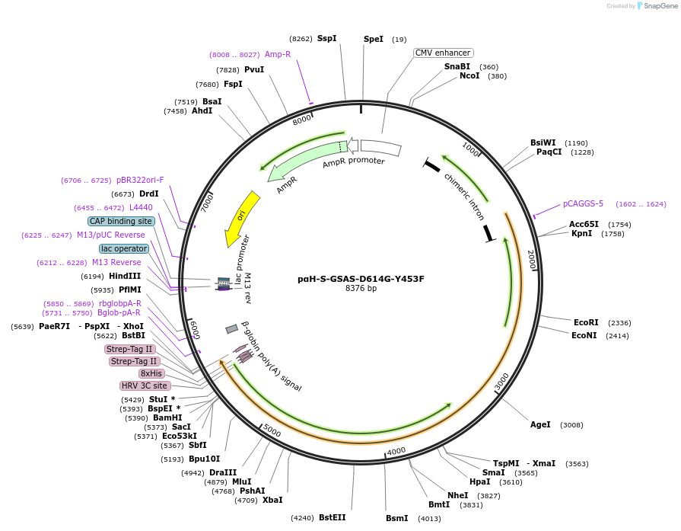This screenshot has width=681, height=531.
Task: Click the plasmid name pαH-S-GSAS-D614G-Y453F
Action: coord(361,279)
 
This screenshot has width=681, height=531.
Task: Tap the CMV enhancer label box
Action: coord(443,53)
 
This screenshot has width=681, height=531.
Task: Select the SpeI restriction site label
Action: coord(374,39)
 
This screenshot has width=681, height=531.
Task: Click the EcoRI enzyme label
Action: coord(586,322)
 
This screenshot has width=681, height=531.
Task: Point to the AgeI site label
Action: coord(540,424)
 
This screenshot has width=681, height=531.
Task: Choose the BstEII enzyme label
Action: coord(332,517)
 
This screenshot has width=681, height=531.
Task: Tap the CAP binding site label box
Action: coord(121,221)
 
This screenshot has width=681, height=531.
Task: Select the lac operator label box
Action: coord(123,248)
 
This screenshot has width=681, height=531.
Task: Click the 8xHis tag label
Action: coord(151,373)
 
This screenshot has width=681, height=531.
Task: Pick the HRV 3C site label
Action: coord(145,385)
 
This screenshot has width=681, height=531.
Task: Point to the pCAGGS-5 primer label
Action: coord(583,203)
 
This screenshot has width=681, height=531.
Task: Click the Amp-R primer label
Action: coord(278,54)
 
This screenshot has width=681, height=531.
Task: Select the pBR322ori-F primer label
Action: coord(140,181)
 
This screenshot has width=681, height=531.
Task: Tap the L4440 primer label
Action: coord(141,207)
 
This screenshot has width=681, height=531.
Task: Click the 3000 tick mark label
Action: coord(501,382)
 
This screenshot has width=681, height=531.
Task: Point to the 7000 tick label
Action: coord(207,202)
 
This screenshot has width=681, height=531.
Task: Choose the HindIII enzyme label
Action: coord(124,276)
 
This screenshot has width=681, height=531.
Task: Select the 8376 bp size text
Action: coord(361,289)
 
